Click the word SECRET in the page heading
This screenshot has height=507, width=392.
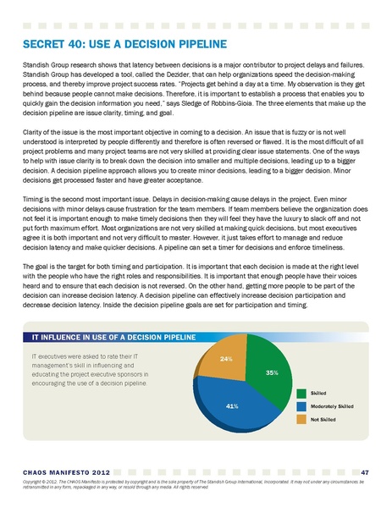[x=40, y=43]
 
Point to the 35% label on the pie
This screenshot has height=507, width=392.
[x=271, y=372]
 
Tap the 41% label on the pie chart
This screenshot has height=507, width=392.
[x=229, y=406]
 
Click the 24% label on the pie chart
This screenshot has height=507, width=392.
[x=226, y=359]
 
